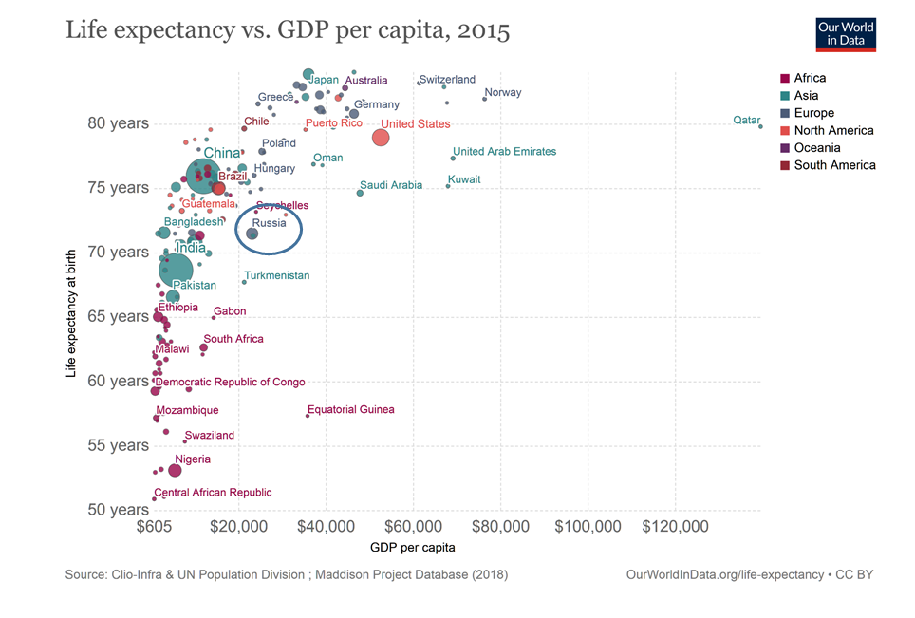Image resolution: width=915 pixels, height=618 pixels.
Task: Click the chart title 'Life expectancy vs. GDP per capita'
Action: click(288, 30)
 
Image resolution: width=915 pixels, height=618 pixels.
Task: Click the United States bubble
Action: click(381, 138)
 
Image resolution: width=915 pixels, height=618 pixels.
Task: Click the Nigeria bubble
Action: click(175, 470)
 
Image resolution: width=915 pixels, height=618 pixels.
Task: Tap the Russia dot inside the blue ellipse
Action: click(252, 234)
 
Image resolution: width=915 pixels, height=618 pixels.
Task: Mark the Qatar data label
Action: click(747, 121)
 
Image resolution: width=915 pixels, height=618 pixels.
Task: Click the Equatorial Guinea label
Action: click(351, 410)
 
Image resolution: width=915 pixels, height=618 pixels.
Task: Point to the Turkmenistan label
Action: click(277, 275)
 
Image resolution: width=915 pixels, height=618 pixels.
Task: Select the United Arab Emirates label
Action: click(504, 152)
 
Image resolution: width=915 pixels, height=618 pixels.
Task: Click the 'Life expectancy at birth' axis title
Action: click(71, 315)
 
